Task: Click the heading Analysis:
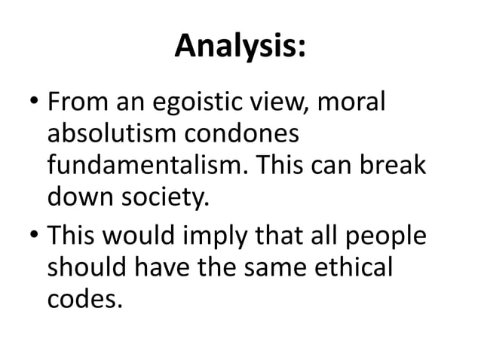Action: (240, 48)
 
